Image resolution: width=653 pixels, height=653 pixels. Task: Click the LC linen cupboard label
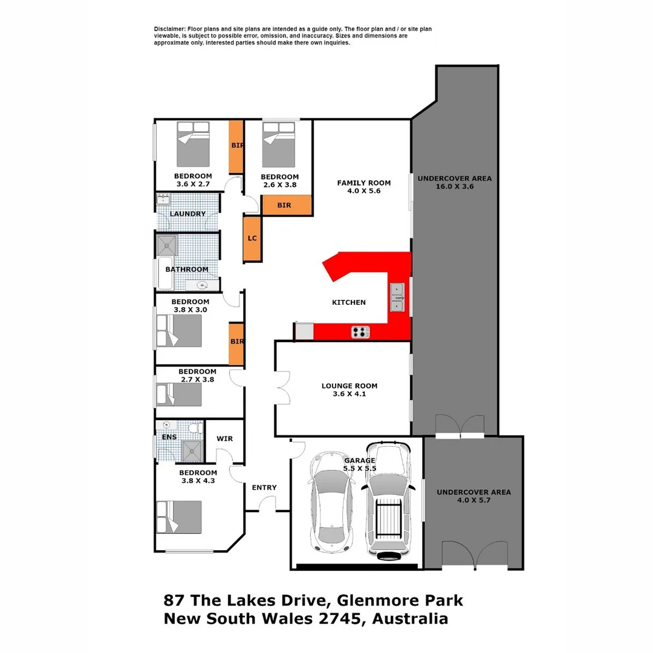(252, 238)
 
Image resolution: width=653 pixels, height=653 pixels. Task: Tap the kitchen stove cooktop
(361, 331)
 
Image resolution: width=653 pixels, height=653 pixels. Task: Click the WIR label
(224, 439)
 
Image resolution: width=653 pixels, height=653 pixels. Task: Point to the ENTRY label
(264, 487)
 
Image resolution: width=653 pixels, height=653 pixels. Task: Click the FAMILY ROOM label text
(363, 183)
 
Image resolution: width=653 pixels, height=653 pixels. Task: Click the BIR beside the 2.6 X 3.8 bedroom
(284, 205)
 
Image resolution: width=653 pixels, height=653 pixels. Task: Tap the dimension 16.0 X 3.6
(455, 187)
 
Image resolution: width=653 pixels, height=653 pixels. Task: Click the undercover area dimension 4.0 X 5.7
(473, 501)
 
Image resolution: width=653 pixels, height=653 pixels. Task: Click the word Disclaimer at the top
(170, 29)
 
